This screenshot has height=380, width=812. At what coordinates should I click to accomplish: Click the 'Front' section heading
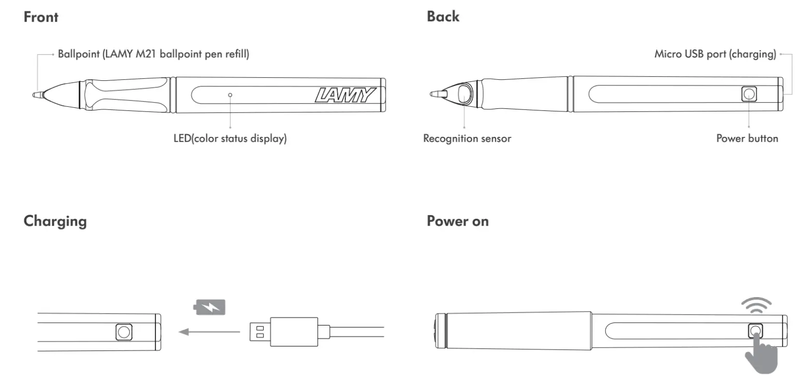(x=41, y=17)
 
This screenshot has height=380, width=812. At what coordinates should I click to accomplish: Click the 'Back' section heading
(x=443, y=17)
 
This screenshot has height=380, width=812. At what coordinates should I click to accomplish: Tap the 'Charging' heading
(x=55, y=221)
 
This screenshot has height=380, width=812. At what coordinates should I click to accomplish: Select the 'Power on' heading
(x=457, y=221)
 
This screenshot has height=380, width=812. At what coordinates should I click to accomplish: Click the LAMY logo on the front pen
(x=345, y=95)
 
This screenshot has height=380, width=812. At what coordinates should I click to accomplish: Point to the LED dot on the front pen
(x=230, y=95)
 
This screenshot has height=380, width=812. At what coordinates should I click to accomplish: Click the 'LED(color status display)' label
(x=230, y=139)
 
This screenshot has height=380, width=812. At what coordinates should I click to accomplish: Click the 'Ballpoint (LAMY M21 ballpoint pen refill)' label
(x=153, y=54)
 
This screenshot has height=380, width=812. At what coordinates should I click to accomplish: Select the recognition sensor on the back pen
(x=465, y=94)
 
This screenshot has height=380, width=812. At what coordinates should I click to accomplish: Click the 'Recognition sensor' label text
(x=467, y=138)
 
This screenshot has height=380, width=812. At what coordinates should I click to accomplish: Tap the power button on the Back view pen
(x=748, y=94)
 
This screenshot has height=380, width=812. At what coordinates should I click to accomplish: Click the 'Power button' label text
(x=747, y=138)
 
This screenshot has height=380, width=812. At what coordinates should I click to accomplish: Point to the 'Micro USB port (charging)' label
(x=715, y=54)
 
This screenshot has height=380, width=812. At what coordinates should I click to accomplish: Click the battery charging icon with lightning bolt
(x=210, y=308)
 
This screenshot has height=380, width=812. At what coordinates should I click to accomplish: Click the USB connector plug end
(x=259, y=332)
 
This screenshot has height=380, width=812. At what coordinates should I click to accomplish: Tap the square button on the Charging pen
(x=123, y=332)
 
